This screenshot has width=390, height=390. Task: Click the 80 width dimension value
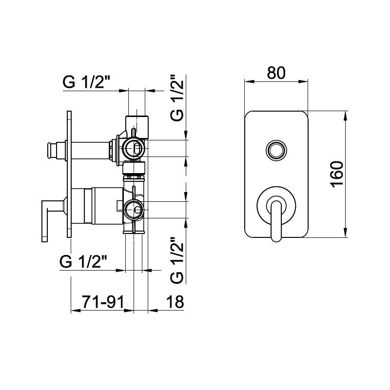(x=276, y=73)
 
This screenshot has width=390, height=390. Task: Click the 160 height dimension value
(x=337, y=175)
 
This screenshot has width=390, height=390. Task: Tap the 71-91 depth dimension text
(x=103, y=302)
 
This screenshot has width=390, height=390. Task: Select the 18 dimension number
(x=175, y=302)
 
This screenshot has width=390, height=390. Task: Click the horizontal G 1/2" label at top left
(x=86, y=82)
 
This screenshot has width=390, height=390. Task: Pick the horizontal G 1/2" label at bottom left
(x=83, y=261)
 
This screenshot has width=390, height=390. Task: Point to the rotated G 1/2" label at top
(x=177, y=97)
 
